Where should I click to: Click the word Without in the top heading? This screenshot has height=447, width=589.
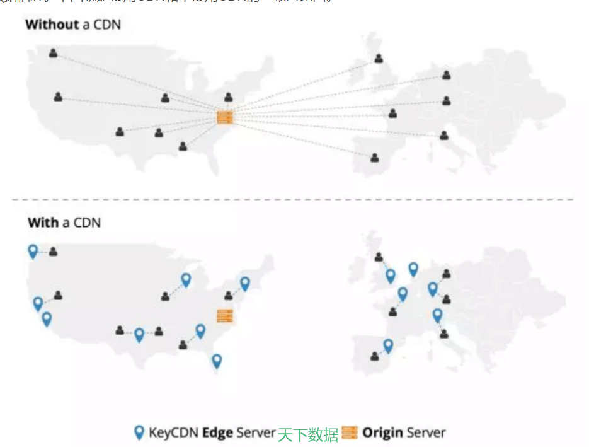click(x=52, y=25)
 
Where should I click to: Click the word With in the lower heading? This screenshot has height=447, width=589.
click(x=43, y=223)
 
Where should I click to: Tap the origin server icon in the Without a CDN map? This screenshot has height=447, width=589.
click(x=225, y=117)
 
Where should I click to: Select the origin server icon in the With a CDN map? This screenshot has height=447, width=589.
click(x=225, y=316)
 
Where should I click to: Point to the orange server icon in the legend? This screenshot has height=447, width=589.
click(x=350, y=432)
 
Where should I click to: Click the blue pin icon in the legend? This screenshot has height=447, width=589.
click(x=139, y=432)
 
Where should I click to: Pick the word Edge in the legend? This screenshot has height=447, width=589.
click(x=217, y=433)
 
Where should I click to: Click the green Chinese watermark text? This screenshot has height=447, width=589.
click(x=308, y=434)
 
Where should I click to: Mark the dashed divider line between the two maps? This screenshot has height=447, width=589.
click(x=293, y=200)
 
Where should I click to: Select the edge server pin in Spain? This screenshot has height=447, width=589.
click(x=388, y=345)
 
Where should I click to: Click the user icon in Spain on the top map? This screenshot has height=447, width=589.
click(x=375, y=158)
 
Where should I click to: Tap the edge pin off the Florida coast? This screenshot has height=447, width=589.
click(x=217, y=361)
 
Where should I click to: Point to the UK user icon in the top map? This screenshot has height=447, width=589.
click(x=379, y=59)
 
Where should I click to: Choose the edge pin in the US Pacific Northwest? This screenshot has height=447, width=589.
click(x=33, y=251)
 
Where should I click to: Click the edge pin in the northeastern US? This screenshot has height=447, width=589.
click(x=245, y=284)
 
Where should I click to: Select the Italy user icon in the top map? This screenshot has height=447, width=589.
click(x=444, y=135)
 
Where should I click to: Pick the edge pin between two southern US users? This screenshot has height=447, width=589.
click(x=139, y=334)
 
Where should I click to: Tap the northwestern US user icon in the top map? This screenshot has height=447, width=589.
click(x=54, y=54)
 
